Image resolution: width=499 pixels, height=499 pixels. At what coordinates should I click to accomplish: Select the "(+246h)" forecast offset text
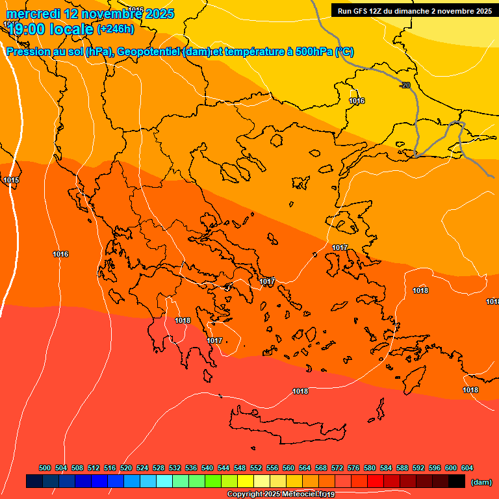tap(116, 29)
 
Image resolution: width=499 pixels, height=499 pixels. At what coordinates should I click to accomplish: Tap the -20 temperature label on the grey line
tap(405, 85)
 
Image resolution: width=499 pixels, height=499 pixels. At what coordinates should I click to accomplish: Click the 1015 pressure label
tap(11, 180)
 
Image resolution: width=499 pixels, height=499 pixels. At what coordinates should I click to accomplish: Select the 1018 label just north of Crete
tap(300, 391)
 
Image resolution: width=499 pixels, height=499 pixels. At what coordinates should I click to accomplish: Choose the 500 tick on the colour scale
tap(45, 468)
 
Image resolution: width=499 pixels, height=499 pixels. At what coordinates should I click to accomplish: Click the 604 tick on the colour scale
tap(467, 468)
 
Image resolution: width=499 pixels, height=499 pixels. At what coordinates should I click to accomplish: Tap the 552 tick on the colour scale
tap(256, 468)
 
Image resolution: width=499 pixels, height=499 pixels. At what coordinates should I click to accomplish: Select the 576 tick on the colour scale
tap(353, 468)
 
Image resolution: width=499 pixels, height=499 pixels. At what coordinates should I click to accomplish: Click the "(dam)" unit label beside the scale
tap(481, 481)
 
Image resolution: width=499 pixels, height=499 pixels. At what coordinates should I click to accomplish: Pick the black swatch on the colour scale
tap(457, 481)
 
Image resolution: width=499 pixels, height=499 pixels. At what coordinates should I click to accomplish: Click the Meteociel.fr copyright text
tap(281, 494)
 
